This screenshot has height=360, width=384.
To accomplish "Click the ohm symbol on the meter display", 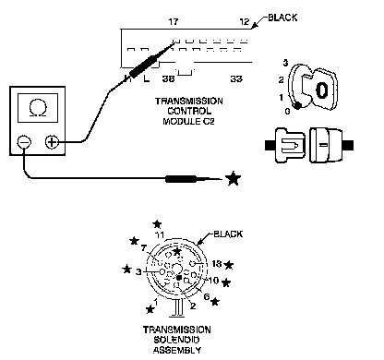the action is click(x=38, y=109).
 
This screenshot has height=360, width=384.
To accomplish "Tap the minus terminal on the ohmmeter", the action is click(x=24, y=142).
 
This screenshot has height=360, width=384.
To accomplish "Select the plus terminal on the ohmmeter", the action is click(x=52, y=142).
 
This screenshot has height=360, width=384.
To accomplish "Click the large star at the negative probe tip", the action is click(x=233, y=178).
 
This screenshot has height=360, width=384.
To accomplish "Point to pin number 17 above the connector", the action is click(x=174, y=22).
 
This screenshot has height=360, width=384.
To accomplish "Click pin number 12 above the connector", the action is click(x=245, y=22).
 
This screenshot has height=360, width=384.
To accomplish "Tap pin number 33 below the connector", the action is click(x=236, y=79).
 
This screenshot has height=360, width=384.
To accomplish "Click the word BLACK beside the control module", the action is click(x=282, y=18).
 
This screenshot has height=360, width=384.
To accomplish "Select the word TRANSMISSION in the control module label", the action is click(x=189, y=102).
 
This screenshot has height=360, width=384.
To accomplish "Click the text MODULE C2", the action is click(x=188, y=121).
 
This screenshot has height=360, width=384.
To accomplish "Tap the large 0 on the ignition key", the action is click(x=321, y=90).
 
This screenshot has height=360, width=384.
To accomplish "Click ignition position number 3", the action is click(x=285, y=63).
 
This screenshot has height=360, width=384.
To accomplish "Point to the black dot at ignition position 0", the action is click(x=297, y=106).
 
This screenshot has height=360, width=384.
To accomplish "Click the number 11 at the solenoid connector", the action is click(x=160, y=235).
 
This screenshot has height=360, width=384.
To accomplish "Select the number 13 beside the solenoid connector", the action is click(x=217, y=264).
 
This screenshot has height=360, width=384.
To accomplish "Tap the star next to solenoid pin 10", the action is click(x=226, y=282).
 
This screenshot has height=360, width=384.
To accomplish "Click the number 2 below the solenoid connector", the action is click(x=193, y=306).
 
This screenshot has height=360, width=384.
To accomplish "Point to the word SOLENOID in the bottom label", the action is click(x=176, y=340).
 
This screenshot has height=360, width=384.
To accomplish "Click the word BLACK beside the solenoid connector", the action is click(x=228, y=234).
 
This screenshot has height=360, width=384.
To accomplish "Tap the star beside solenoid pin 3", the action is click(x=126, y=270).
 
